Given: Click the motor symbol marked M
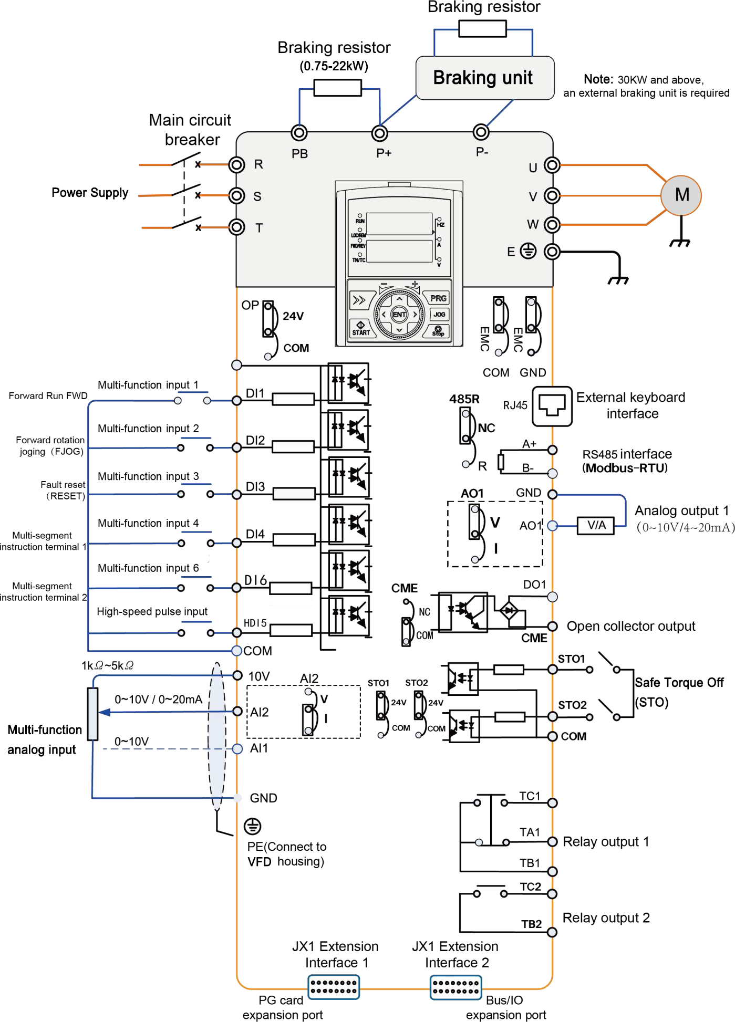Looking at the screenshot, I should coord(681,195).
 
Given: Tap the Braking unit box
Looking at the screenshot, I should coord(484,78).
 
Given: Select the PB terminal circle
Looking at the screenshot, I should coord(299,133).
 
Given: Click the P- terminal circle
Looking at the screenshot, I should coord(481,132).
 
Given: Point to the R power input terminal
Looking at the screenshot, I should coord(237,165).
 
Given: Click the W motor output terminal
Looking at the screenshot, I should coord(552,225).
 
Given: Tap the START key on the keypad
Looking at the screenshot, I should coord(361,328).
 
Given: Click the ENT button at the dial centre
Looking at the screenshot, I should coord(399,315).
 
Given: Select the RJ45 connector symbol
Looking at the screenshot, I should coord(552,406).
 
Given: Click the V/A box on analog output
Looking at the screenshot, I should coord(596,525).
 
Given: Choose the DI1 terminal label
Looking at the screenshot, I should coord(255,393).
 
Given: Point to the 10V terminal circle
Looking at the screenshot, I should coord(237,675).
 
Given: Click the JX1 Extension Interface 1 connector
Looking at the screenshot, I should coord(334,987).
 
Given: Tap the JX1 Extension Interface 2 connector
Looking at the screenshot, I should coord(456,987).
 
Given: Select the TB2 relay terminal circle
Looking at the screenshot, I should coord(552,932).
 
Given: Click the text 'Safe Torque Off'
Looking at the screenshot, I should coord(679,682).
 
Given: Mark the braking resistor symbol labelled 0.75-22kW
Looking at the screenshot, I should coord(337,88).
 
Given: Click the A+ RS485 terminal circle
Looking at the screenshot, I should coord(552,450).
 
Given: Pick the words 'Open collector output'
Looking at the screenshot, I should coord(630,626).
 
